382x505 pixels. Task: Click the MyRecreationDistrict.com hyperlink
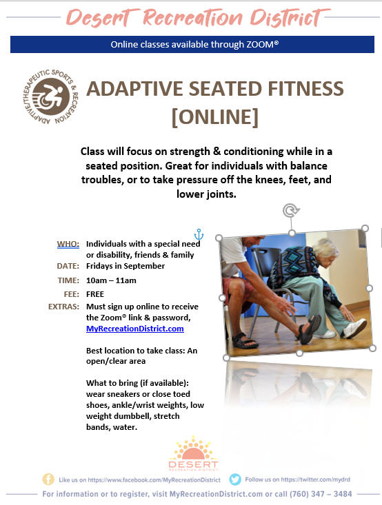134,329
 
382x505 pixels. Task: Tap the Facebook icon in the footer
48,480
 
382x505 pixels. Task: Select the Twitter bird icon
235,480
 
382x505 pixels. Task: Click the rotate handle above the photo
291,211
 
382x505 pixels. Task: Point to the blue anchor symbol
199,234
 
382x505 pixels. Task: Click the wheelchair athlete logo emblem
50,96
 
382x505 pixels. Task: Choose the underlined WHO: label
68,244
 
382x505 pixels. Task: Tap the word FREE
95,294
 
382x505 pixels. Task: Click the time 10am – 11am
111,280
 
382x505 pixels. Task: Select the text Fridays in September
125,266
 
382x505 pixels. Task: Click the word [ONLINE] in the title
215,117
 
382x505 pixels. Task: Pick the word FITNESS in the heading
306,89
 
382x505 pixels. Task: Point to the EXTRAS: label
63,307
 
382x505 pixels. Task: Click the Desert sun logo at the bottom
193,453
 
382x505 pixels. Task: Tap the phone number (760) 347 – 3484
321,494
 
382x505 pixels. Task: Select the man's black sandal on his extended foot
308,329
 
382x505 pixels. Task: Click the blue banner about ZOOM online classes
192,45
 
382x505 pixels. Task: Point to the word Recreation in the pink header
192,18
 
